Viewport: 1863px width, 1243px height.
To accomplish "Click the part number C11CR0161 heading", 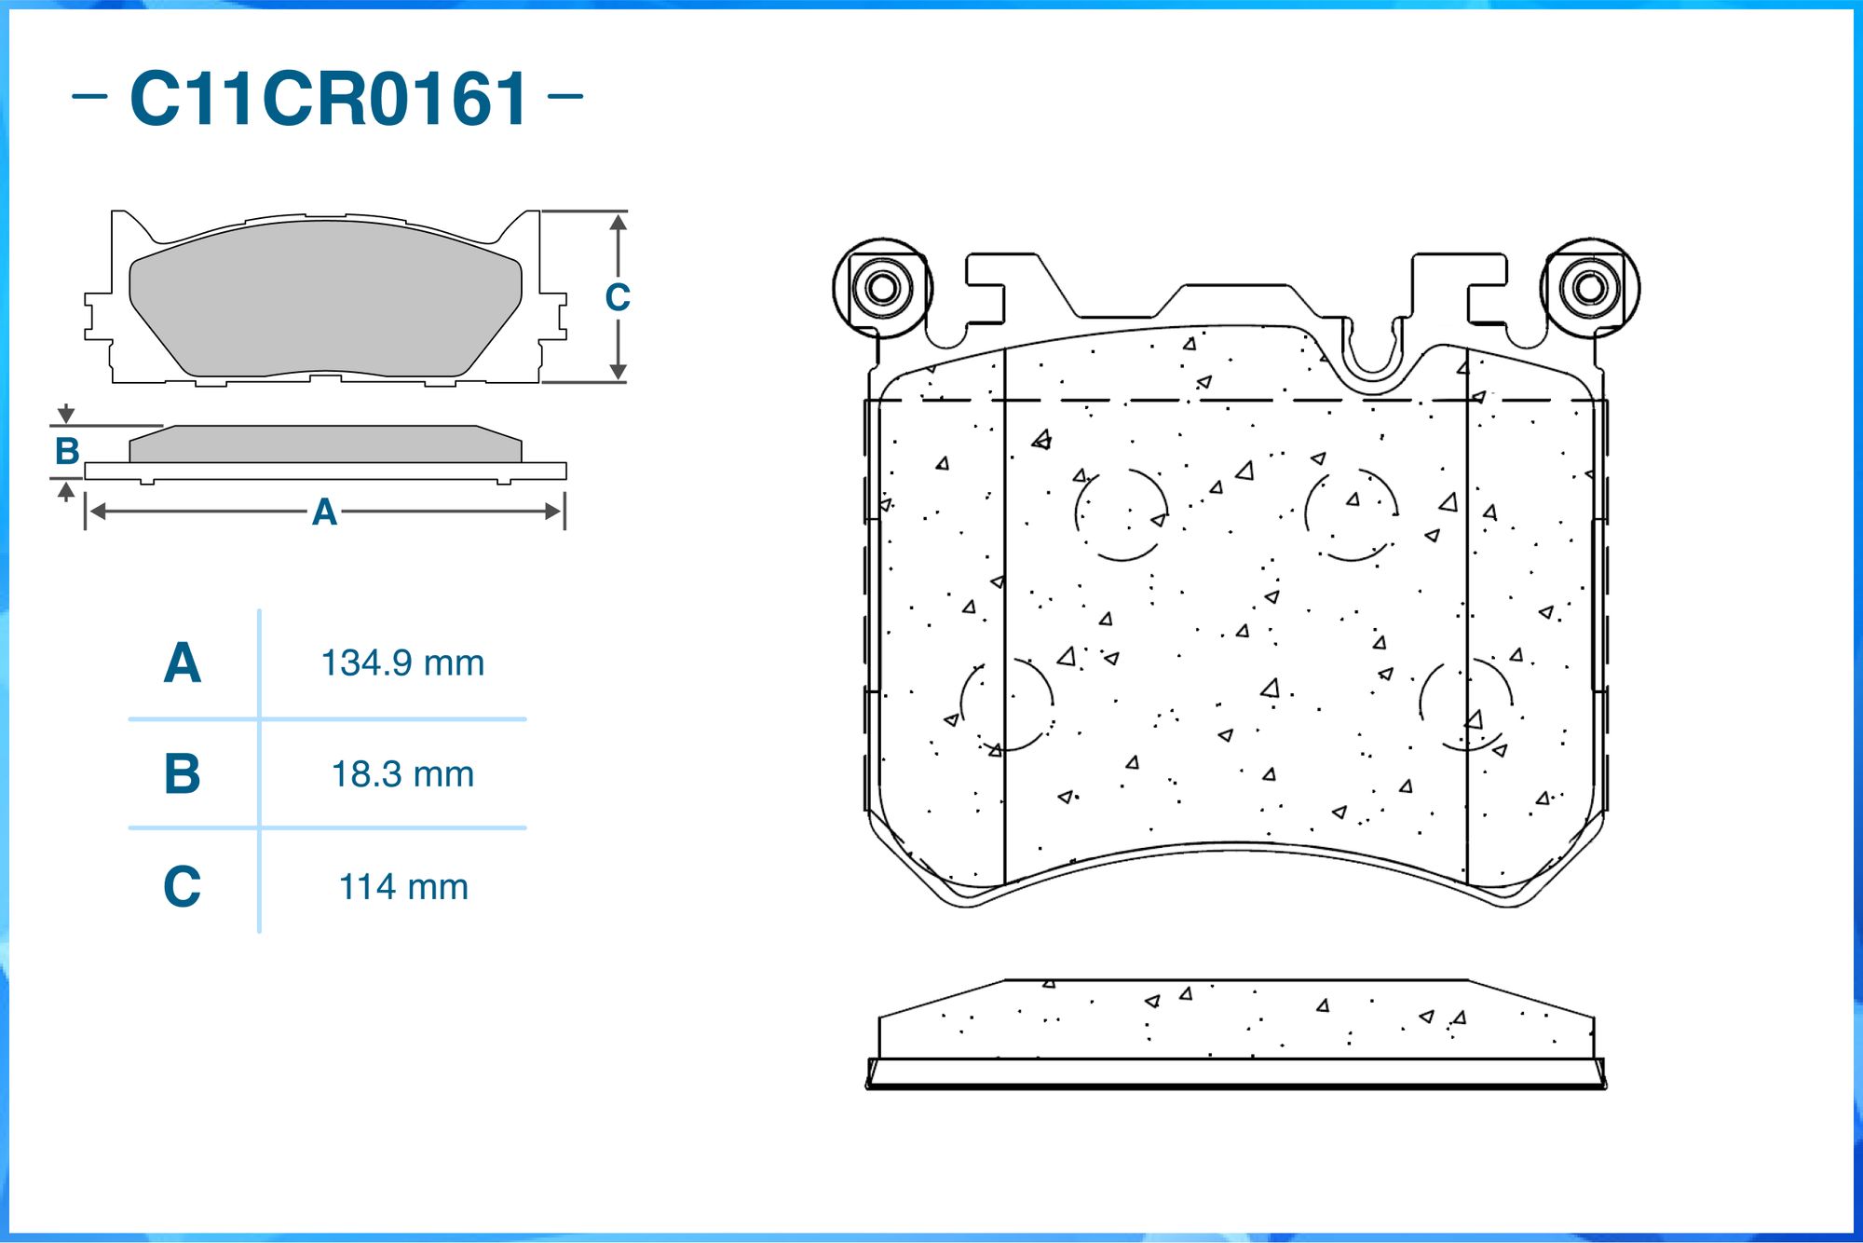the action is coord(329,98).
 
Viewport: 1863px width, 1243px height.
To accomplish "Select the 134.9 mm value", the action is coord(402,663).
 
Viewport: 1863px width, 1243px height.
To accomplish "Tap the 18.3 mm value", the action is coord(402,774).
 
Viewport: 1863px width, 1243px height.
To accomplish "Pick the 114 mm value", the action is coord(402,887).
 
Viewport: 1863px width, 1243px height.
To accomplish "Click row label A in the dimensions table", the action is coord(183,663).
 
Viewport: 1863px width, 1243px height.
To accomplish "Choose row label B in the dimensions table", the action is coord(183,774).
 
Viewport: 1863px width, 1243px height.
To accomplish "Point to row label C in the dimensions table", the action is coord(183,886).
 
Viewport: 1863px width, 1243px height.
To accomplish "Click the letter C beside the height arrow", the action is coord(618,298).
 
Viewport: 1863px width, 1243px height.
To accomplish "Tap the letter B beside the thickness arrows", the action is coord(67,451).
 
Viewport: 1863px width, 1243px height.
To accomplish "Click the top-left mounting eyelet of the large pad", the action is coord(882,287).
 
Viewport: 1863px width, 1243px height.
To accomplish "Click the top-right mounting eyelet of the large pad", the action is coord(1590,287).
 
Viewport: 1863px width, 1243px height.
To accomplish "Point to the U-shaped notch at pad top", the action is coord(1372,350).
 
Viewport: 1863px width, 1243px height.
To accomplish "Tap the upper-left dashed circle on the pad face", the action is coord(1122,514).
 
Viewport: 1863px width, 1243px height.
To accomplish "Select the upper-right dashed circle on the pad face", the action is coord(1352,514).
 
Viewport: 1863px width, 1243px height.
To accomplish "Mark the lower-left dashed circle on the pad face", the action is coord(1007,704).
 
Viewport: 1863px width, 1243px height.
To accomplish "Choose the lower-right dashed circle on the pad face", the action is coord(1466,704).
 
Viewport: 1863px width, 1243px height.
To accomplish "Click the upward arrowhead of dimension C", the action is coord(619,222).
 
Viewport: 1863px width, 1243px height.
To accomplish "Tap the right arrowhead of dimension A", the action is coord(553,512).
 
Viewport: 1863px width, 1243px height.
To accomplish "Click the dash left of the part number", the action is coord(89,95).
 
